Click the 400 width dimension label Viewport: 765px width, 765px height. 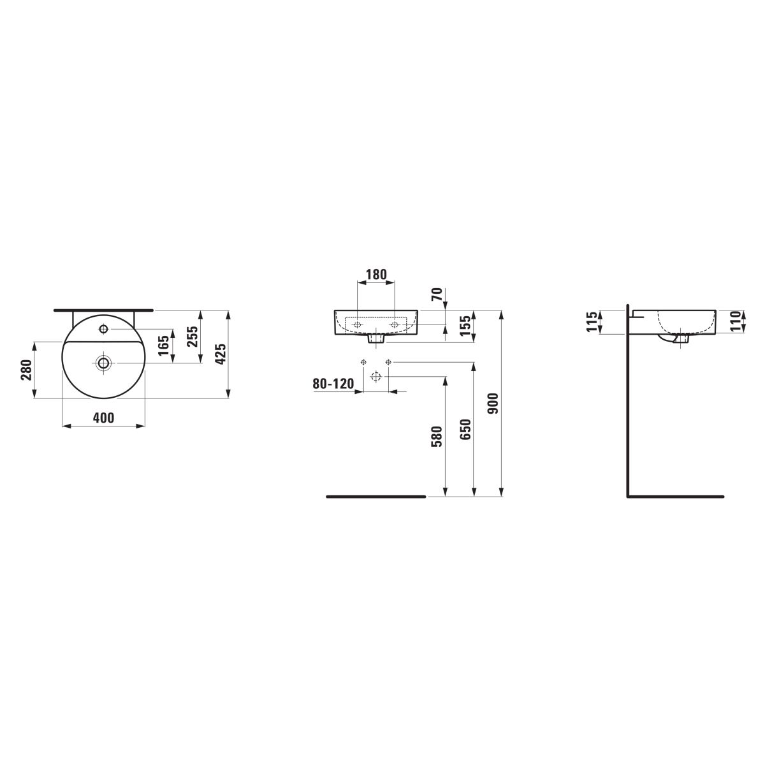click(103, 418)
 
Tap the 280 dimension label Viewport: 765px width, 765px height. click(26, 370)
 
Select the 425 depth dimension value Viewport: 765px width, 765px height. click(221, 353)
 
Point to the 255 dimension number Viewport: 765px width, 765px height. click(193, 336)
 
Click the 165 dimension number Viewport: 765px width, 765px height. click(164, 346)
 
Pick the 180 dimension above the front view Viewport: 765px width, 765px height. click(375, 274)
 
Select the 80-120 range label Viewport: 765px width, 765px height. click(333, 384)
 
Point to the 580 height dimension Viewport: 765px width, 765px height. click(437, 436)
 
